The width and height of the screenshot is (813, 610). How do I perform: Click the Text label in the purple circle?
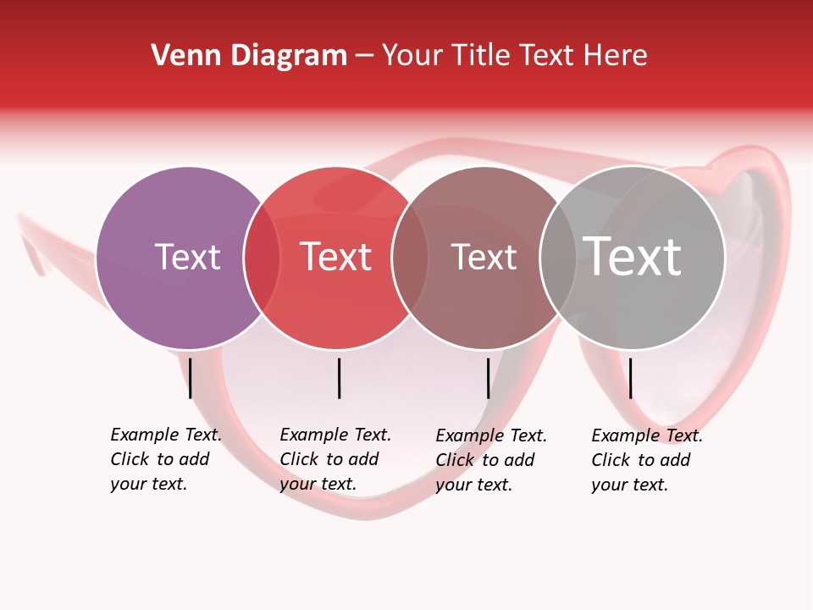pos(187,257)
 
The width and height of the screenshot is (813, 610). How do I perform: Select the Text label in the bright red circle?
pos(336,257)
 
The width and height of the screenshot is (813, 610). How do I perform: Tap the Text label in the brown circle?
pos(484,257)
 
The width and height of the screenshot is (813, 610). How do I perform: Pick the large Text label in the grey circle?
pos(633,257)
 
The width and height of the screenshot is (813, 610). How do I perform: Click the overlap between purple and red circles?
pos(262,258)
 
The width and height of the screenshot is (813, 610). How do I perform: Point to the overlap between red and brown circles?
pos(411,258)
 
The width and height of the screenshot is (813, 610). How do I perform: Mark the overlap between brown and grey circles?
pos(558,258)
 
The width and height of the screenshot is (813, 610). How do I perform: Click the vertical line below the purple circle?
pos(191,378)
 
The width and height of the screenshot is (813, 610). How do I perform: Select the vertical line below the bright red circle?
pos(339,378)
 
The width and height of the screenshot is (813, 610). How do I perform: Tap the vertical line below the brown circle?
pos(489,378)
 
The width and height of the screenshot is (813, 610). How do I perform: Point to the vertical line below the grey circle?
pos(630,378)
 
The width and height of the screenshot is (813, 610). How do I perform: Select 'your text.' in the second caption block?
pos(318,484)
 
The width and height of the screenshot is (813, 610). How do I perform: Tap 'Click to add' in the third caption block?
pos(485,460)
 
